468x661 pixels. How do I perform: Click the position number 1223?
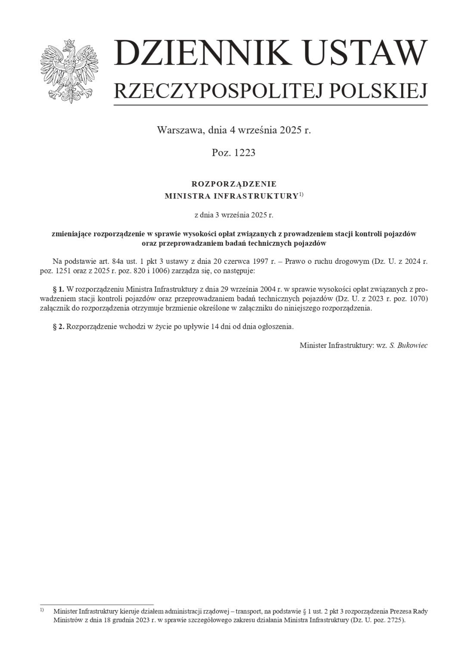pyautogui.click(x=245, y=153)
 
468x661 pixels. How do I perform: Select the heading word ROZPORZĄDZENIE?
pyautogui.click(x=234, y=184)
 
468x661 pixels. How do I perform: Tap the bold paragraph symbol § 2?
pyautogui.click(x=58, y=327)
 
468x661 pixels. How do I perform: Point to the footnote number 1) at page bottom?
pyautogui.click(x=42, y=610)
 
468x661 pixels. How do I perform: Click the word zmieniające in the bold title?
pyautogui.click(x=71, y=234)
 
